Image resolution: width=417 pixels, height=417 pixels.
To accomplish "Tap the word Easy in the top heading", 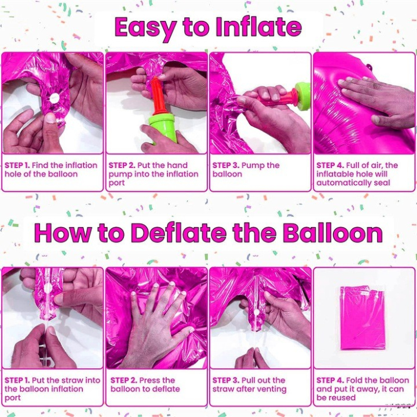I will point(145,27).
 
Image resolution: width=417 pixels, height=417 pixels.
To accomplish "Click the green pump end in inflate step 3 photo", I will point(303,97).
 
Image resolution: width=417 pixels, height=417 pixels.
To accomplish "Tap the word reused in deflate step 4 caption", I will point(342,397).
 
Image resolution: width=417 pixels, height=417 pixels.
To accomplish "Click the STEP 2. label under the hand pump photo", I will point(123,166).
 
